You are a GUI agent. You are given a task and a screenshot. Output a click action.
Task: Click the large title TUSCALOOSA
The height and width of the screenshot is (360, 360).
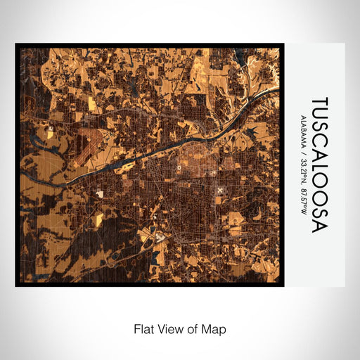click(x=320, y=165)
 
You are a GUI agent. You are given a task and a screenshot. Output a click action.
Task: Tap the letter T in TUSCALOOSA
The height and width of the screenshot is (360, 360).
click(x=320, y=103)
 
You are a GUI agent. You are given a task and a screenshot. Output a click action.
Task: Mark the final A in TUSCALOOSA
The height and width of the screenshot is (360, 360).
click(x=320, y=225)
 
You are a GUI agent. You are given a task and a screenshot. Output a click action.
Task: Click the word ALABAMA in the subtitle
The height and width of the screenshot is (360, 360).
click(x=303, y=131)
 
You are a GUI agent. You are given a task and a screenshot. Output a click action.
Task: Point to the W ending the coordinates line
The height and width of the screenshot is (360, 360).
click(x=303, y=213)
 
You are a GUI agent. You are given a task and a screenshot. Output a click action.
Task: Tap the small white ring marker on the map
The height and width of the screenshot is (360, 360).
click(x=180, y=168)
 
